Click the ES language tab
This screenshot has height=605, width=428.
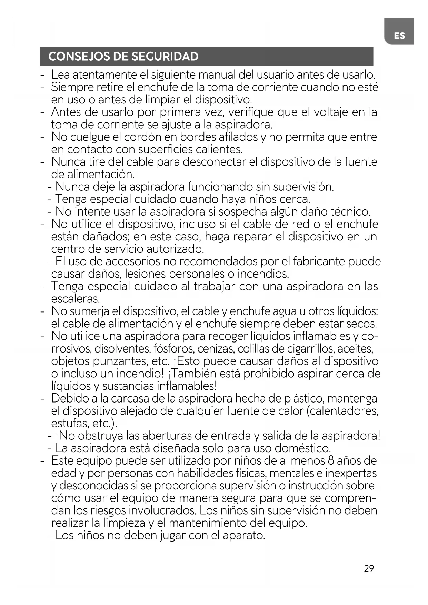coord(399,36)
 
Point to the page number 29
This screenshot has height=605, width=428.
coord(369,568)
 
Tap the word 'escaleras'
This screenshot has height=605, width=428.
coord(75,299)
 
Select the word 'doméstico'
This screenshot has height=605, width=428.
coord(302,448)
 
